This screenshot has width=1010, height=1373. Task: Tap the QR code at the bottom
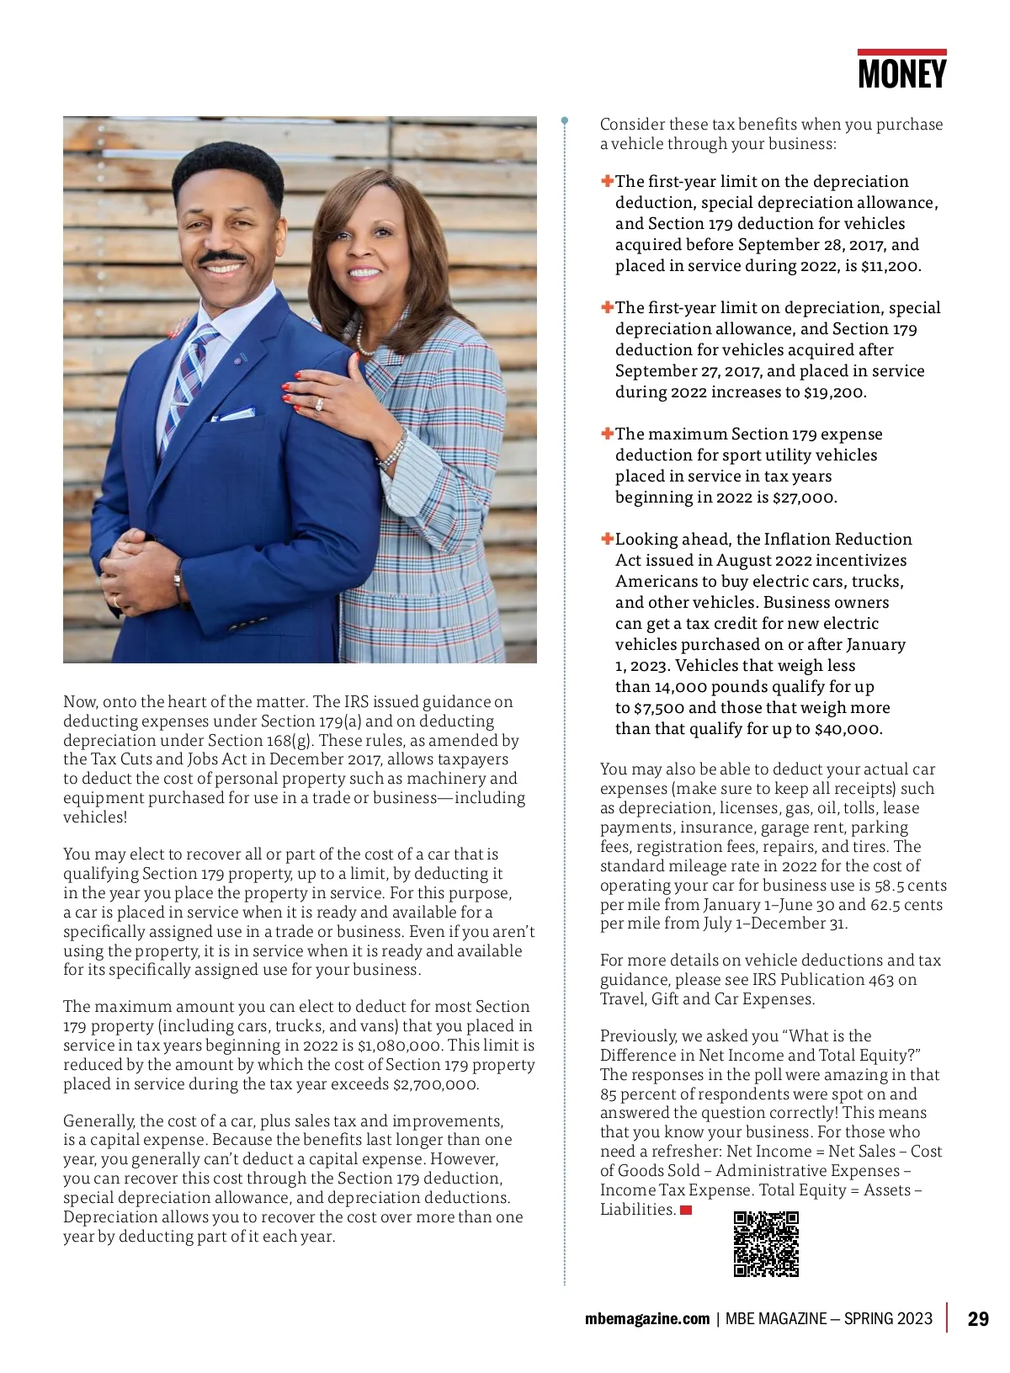tap(766, 1244)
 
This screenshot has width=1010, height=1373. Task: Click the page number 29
tap(978, 1318)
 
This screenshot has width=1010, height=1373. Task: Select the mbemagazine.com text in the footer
tap(646, 1318)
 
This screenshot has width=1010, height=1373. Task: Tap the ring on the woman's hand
tap(319, 404)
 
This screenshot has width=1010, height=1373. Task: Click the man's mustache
tap(221, 257)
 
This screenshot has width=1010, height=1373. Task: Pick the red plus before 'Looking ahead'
tap(607, 539)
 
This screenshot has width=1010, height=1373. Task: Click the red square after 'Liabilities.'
tap(686, 1211)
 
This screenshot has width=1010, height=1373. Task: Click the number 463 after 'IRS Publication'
tap(880, 980)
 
